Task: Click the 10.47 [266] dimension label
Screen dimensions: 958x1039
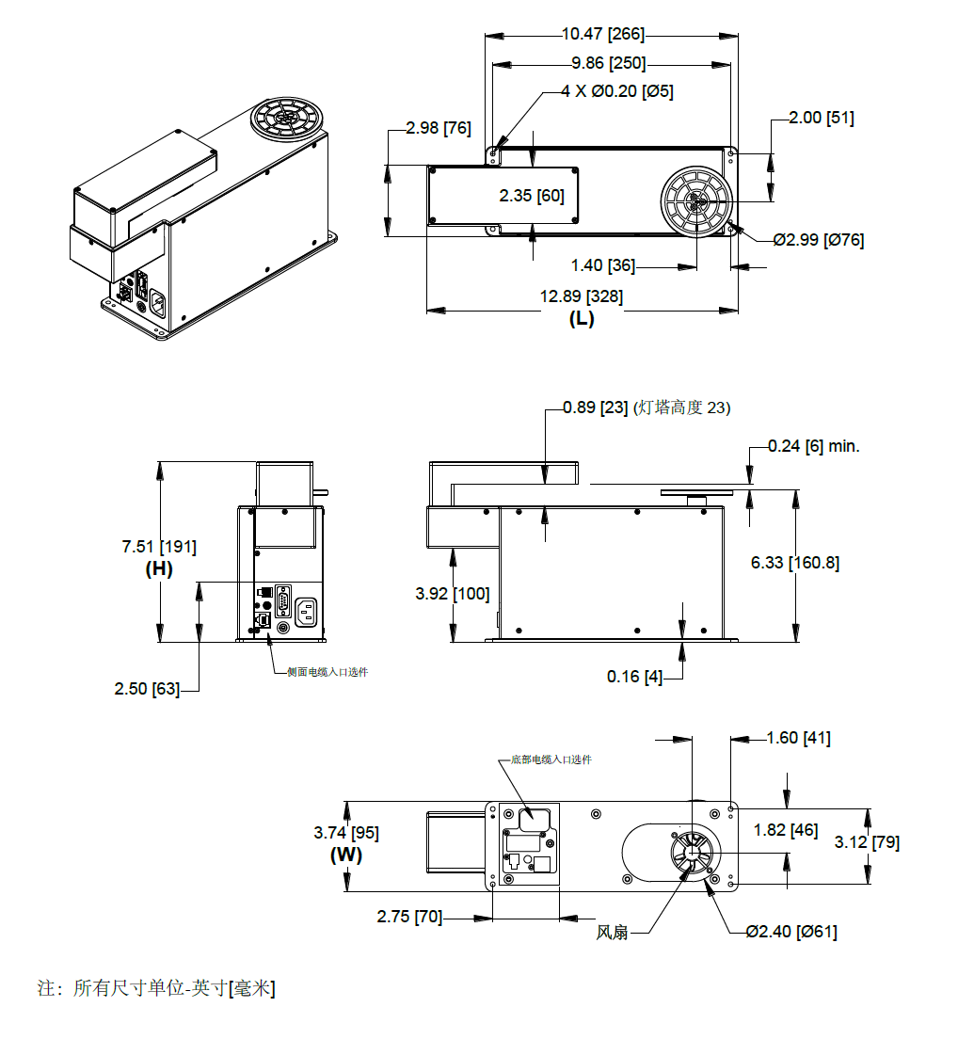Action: click(603, 34)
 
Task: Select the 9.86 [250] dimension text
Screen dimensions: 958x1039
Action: click(608, 63)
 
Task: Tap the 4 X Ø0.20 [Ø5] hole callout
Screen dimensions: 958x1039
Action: click(616, 91)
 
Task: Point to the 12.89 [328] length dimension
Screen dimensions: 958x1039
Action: click(581, 296)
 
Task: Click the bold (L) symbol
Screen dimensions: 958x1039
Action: click(581, 319)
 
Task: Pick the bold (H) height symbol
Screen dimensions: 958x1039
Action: click(159, 568)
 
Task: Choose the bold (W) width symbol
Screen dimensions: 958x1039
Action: click(345, 855)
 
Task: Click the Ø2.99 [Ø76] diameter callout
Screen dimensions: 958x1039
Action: click(818, 240)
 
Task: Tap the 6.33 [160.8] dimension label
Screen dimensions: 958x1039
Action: click(795, 563)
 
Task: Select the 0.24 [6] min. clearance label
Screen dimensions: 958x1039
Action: click(814, 446)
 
